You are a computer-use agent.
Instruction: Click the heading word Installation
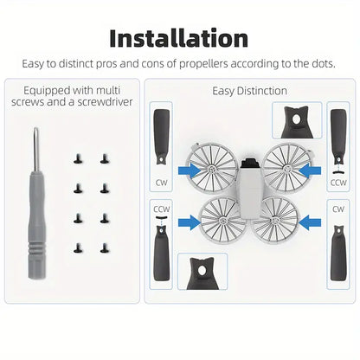179,39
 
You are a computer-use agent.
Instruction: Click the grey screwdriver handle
36,225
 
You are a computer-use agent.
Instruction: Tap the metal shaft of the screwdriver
35,149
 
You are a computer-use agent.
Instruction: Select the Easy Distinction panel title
249,91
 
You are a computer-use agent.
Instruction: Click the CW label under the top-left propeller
161,183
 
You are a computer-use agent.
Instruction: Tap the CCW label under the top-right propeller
338,183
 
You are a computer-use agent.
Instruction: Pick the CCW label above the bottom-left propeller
162,209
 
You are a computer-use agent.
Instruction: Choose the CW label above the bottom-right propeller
338,209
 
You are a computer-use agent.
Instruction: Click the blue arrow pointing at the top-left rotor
190,171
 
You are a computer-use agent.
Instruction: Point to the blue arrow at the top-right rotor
310,171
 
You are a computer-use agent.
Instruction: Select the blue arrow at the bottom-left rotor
190,222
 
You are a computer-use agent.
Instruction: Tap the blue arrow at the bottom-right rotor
310,222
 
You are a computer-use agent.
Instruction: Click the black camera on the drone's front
249,163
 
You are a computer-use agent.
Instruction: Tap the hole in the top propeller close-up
296,119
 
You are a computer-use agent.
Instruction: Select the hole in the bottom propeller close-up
202,270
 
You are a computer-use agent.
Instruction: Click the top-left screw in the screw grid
78,158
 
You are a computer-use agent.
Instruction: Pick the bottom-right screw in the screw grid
105,247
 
